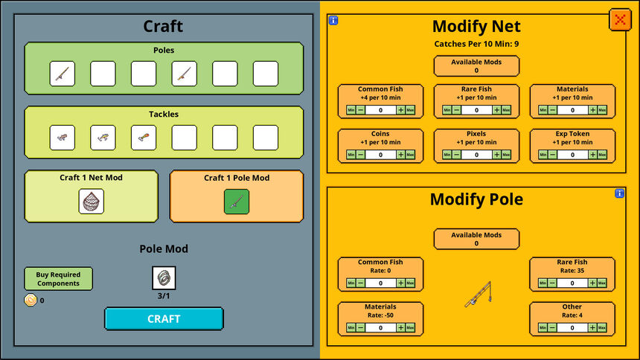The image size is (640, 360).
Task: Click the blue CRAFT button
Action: click(164, 319)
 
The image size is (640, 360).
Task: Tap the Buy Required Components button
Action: click(58, 279)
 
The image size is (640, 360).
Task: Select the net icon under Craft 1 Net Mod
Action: click(91, 202)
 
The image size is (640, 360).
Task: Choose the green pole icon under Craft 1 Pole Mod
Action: click(237, 202)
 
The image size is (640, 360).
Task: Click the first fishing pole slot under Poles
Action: click(62, 74)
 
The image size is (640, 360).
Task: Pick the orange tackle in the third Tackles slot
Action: click(144, 138)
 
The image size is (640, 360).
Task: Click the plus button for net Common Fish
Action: click(400, 110)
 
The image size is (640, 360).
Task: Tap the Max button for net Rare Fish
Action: click(506, 110)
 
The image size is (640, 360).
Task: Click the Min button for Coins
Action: click(351, 154)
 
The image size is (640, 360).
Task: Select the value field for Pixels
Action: click(476, 154)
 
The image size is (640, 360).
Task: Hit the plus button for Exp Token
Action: click(592, 154)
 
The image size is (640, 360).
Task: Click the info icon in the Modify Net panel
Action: click(333, 20)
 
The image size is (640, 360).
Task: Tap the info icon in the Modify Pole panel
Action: click(619, 193)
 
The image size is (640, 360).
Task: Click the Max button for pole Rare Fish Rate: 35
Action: click(602, 283)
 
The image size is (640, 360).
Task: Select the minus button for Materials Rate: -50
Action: click(360, 327)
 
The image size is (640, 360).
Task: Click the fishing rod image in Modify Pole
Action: click(479, 295)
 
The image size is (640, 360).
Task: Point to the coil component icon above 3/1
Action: click(164, 278)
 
